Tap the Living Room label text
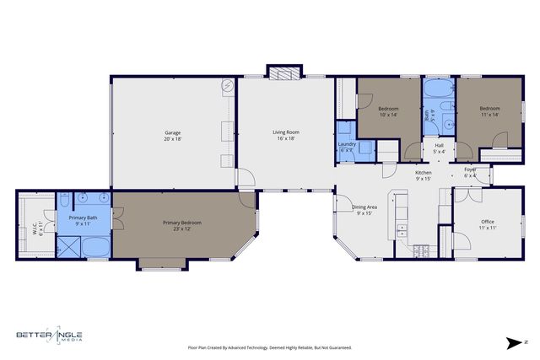pos(286,135)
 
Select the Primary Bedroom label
pos(181,225)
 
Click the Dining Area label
pos(364,210)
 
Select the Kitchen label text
pos(423,175)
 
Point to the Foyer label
pos(470,172)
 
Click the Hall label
pos(439,148)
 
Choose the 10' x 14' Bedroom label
pos(388,111)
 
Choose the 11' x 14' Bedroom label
pos(489,111)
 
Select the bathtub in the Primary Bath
pos(95,249)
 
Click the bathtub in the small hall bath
pos(437,88)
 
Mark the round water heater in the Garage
pos(228,86)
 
